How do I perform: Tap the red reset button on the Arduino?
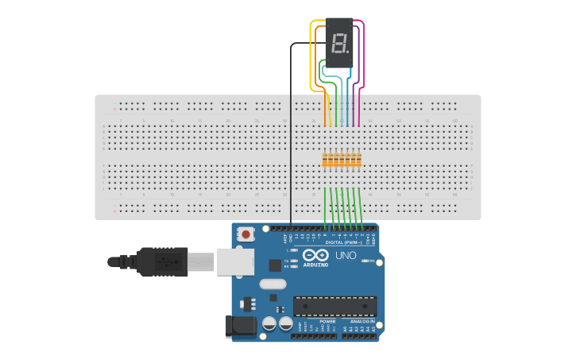pyautogui.click(x=247, y=234)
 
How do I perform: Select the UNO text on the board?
pyautogui.click(x=346, y=255)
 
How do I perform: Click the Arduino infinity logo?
pyautogui.click(x=315, y=256)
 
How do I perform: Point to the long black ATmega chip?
pyautogui.click(x=334, y=306)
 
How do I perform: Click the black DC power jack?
pyautogui.click(x=240, y=325)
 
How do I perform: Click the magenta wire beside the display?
pyautogui.click(x=363, y=56)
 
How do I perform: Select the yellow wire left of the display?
pyautogui.click(x=311, y=56)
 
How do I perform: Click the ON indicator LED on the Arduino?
pyautogui.click(x=364, y=261)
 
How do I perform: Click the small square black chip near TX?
pyautogui.click(x=274, y=265)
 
